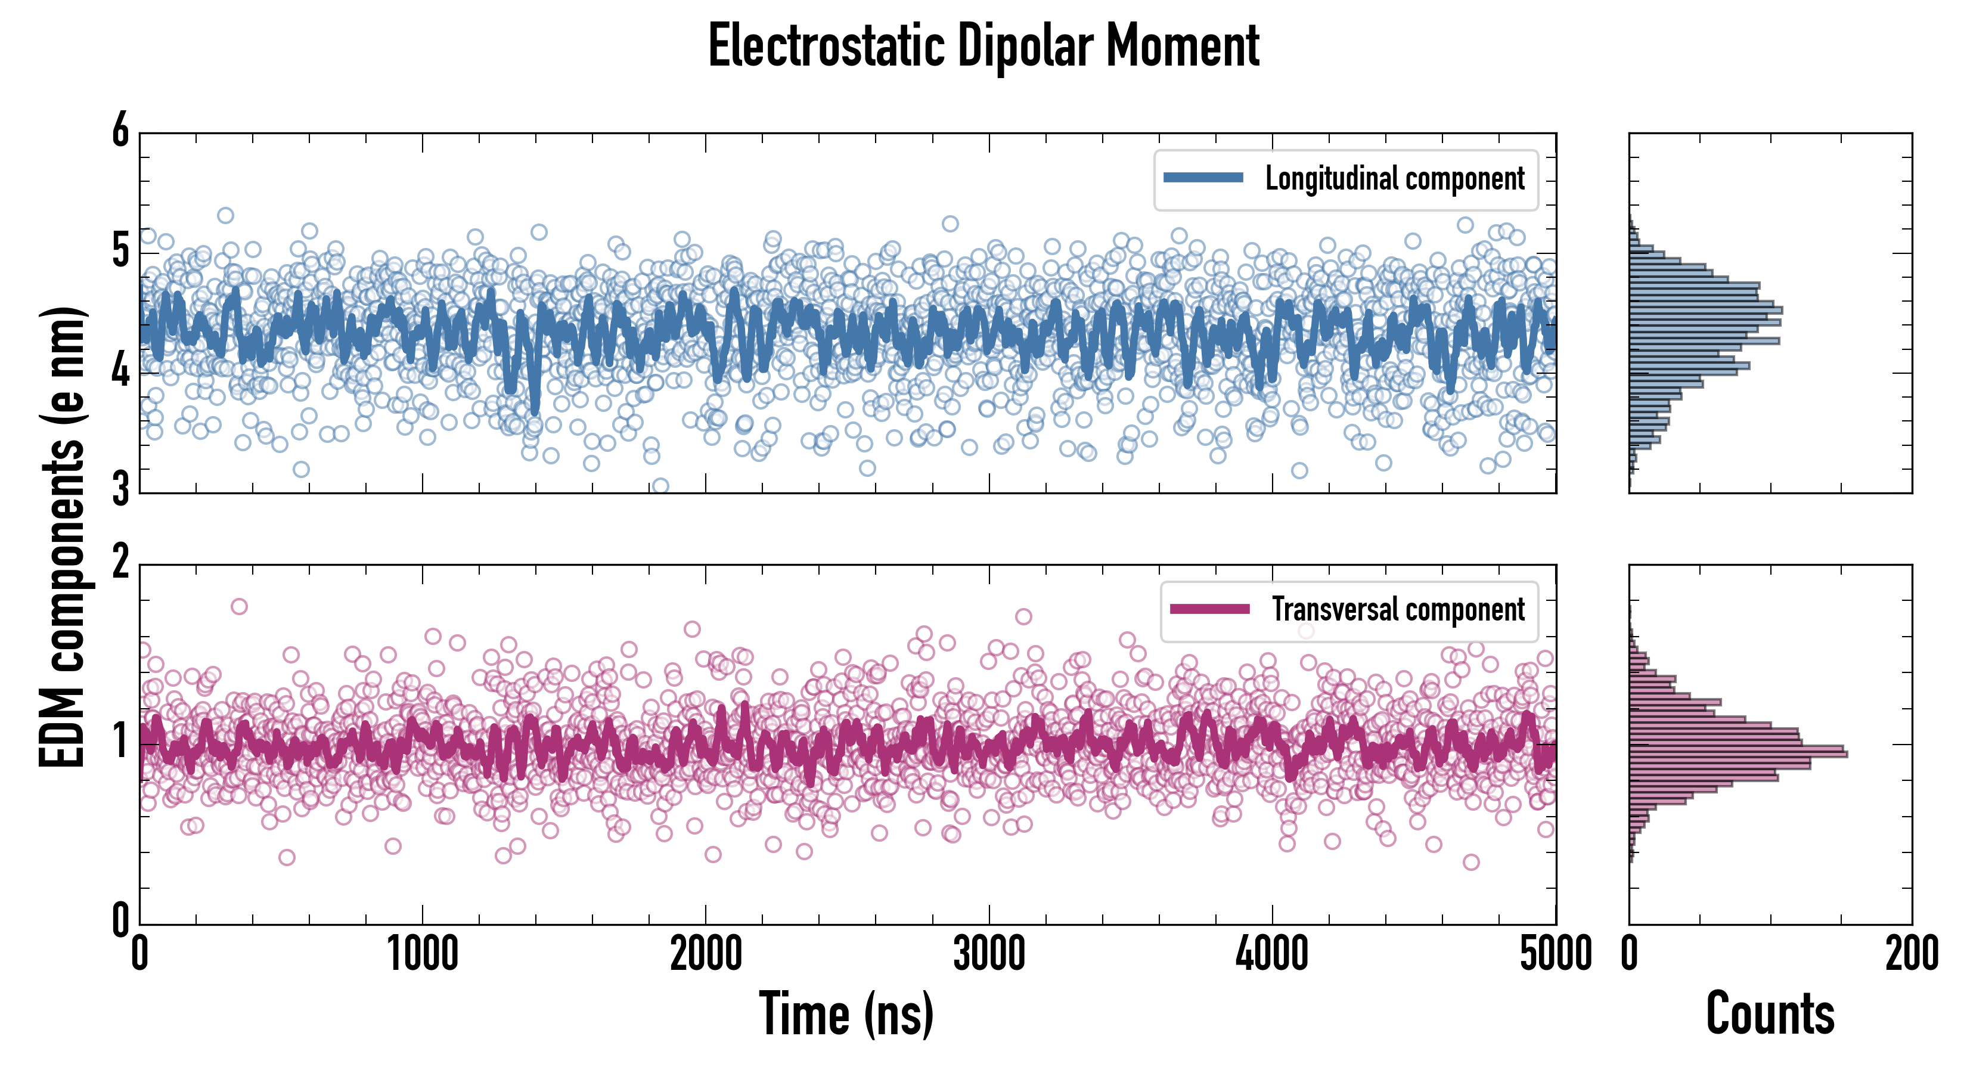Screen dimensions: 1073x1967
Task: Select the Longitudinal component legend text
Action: tap(1394, 179)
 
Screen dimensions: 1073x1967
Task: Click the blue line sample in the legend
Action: tap(1203, 178)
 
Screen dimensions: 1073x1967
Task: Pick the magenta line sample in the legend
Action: tap(1209, 609)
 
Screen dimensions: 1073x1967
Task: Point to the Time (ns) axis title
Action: tap(846, 1013)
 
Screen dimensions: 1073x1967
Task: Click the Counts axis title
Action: tap(1770, 1013)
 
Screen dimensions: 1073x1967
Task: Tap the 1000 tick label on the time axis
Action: tap(422, 954)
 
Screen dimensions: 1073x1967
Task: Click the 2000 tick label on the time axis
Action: tap(706, 954)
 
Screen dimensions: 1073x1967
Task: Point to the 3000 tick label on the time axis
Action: tap(989, 954)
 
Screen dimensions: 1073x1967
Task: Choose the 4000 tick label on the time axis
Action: tap(1272, 954)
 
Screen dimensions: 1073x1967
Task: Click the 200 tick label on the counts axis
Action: tap(1911, 954)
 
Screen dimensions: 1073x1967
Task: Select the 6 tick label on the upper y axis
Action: tap(120, 131)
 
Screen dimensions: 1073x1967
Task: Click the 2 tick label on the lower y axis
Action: tap(120, 563)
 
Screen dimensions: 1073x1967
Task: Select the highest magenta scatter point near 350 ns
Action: tap(239, 606)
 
